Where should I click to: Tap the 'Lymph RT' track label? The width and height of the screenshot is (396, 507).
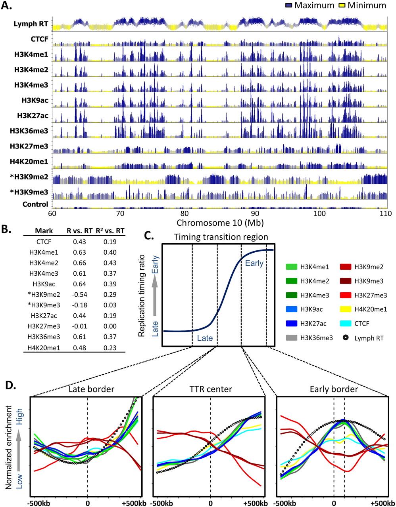pos(31,24)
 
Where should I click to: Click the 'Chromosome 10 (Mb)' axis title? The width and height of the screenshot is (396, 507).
pos(220,223)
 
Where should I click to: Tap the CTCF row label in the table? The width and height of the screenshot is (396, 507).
pos(44,242)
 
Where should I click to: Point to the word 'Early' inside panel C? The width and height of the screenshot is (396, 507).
pos(254,263)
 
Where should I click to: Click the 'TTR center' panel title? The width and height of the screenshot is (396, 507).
pos(211,389)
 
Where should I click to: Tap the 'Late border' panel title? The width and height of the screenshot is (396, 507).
pos(91,389)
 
